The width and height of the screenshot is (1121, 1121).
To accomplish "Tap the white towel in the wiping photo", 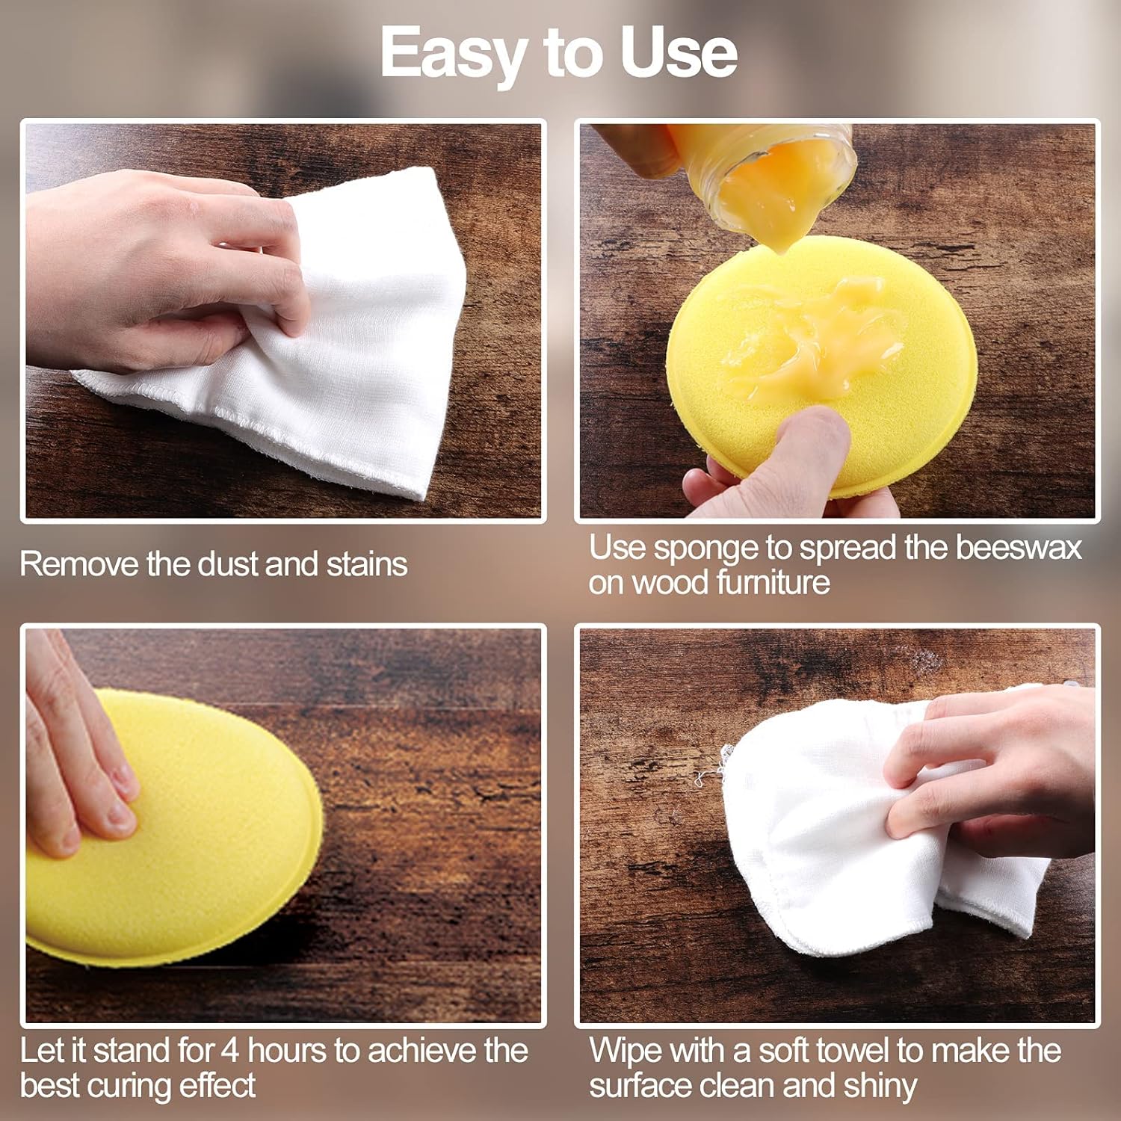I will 822,844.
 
